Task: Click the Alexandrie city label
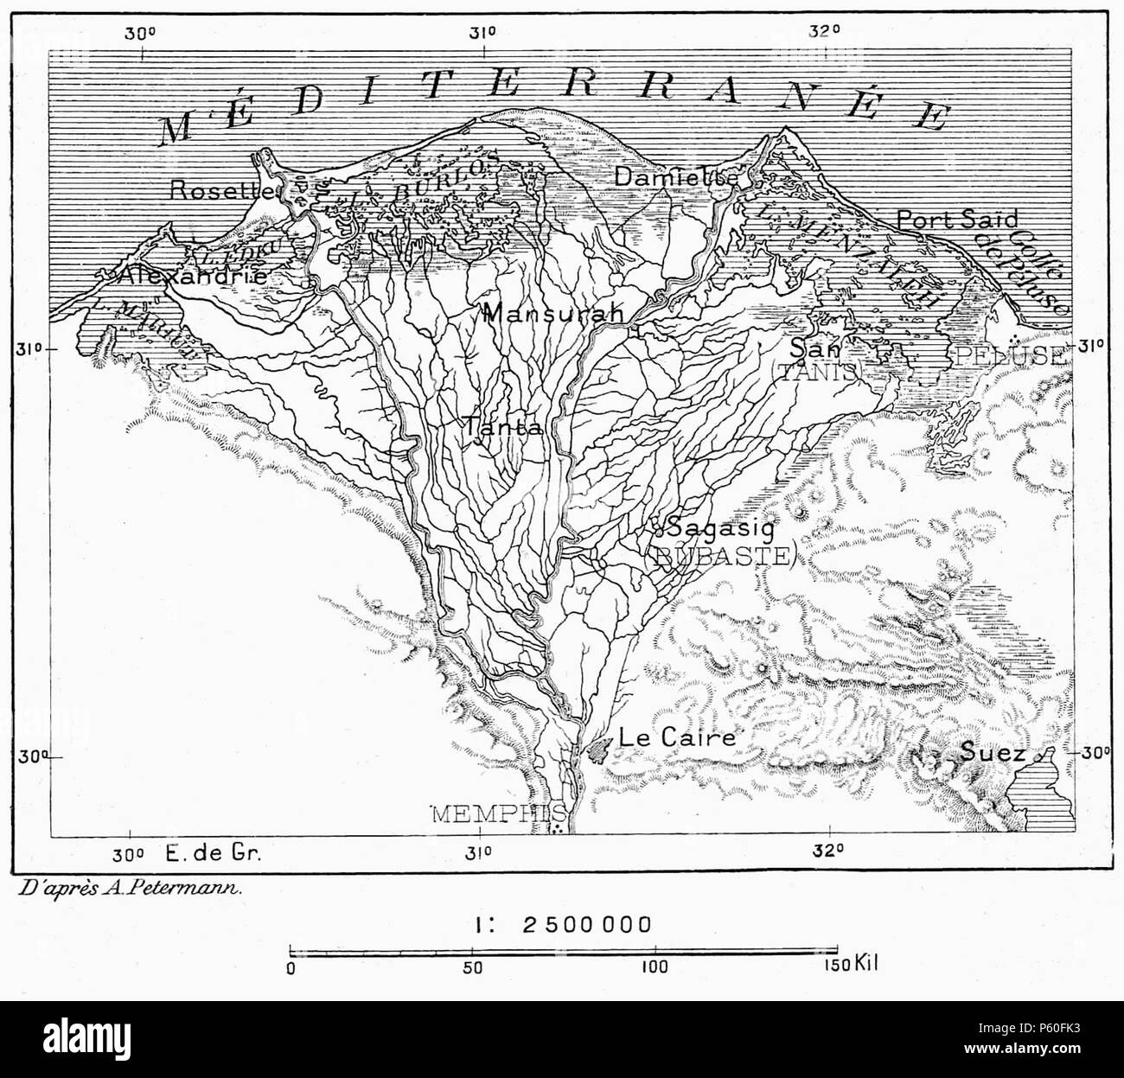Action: (193, 277)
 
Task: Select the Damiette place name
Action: (675, 177)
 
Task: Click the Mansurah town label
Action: (553, 313)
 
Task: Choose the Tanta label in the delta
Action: (503, 426)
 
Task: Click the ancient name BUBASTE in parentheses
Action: (721, 554)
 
